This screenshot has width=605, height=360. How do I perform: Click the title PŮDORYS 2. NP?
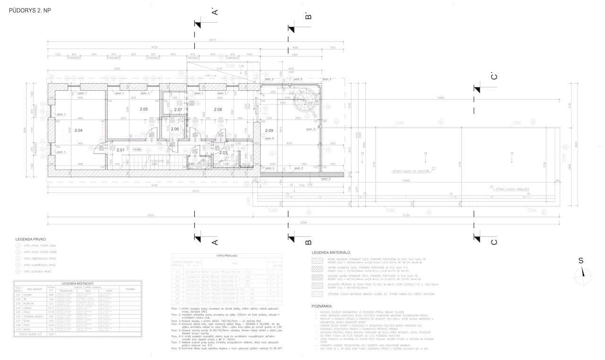pos(30,10)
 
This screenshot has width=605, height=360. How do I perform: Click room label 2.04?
pos(78,130)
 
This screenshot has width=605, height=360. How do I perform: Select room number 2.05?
pos(144,110)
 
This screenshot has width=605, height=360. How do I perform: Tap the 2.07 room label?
pos(178,110)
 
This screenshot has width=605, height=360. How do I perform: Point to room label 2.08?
pos(218,110)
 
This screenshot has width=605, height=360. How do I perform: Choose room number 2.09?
pos(269,130)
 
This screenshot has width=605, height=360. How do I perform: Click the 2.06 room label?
pos(175,129)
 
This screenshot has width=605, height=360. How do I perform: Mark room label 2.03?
pos(224,153)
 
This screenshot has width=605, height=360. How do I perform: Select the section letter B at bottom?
pos(308,242)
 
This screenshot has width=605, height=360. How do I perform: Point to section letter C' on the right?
pos(493,77)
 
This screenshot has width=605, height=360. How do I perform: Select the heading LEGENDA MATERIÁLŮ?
pos(330,254)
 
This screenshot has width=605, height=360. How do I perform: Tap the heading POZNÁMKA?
pos(322,306)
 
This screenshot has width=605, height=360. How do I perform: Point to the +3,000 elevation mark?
pos(137,149)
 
